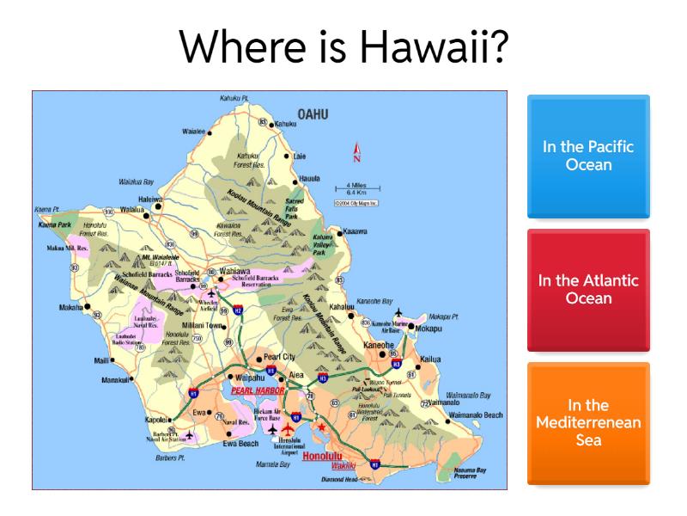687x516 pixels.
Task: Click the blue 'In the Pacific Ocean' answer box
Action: click(x=588, y=156)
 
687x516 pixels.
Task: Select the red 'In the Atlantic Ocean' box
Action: click(x=588, y=290)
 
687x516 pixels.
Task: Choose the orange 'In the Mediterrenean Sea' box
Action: click(x=588, y=422)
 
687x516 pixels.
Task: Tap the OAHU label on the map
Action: click(x=313, y=114)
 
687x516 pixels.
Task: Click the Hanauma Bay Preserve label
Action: click(x=470, y=473)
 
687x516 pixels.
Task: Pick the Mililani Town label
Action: click(x=204, y=326)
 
